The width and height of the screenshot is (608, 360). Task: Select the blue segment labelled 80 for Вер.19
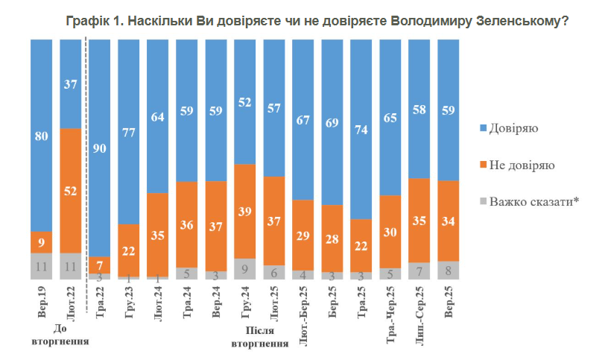[41, 135]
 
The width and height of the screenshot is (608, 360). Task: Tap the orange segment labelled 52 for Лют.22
[71, 191]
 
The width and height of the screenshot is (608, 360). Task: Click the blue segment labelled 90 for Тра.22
[99, 148]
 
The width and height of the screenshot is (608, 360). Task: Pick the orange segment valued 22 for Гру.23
[128, 250]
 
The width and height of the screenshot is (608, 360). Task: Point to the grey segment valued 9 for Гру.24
[245, 269]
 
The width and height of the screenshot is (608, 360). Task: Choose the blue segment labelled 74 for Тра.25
[361, 129]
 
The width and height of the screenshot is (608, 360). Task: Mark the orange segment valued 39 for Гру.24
[245, 211]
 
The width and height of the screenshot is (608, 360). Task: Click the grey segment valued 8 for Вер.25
[449, 270]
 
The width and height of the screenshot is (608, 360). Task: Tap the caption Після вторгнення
[260, 338]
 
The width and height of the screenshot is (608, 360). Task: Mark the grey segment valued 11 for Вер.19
[41, 266]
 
